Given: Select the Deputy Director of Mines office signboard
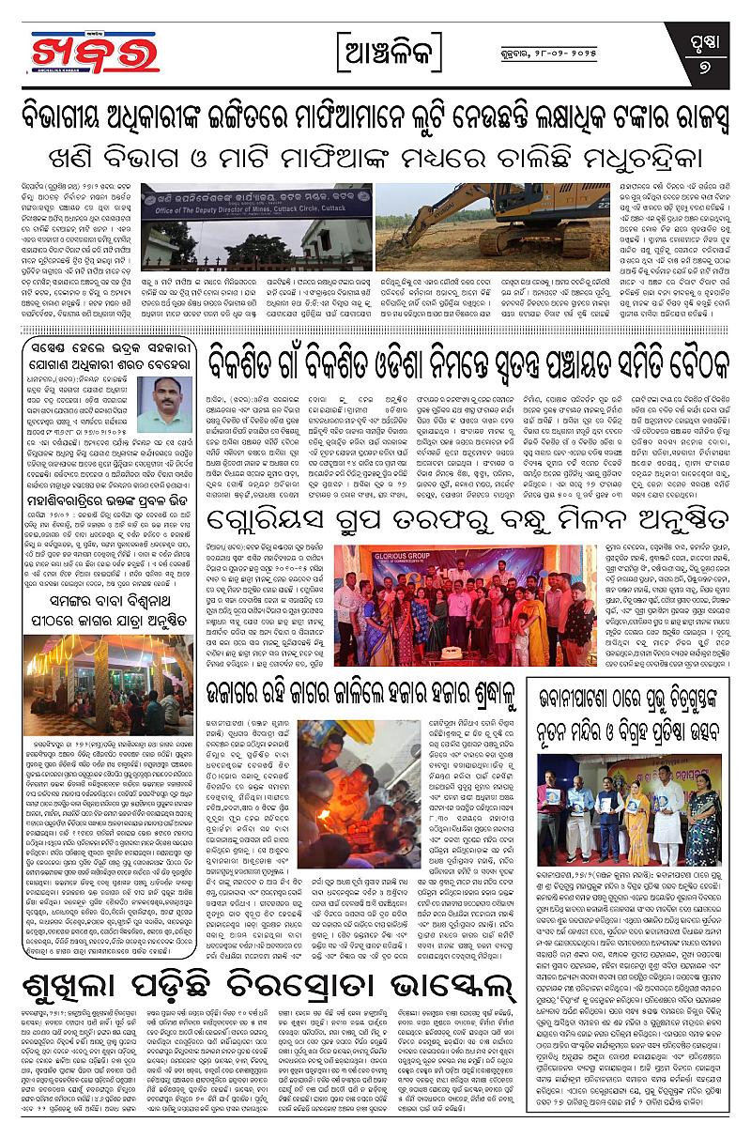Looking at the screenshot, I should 247,200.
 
